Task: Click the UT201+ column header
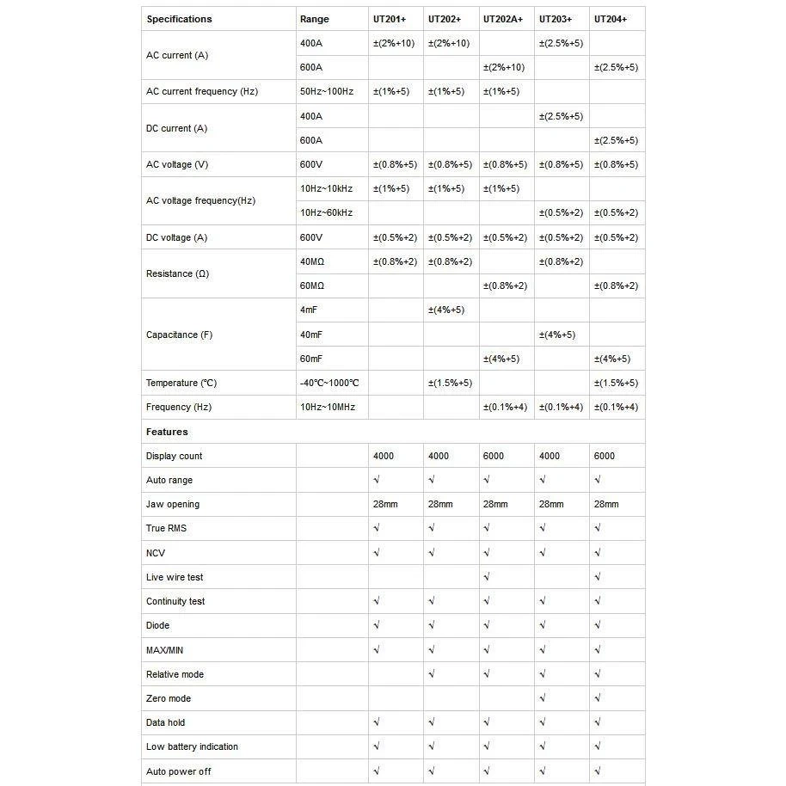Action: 390,19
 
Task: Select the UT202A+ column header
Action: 503,19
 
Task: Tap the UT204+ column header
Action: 611,19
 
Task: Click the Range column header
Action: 314,19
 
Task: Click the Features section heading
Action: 167,432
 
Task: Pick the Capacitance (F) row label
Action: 179,335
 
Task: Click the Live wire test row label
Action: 175,577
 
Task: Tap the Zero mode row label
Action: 169,698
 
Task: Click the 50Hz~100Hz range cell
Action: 327,91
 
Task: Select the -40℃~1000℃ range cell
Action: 329,383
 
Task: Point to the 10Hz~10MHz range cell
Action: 328,407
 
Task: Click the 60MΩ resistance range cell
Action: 312,286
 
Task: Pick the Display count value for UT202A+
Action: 494,456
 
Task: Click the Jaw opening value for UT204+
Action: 606,504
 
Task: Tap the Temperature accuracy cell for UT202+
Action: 450,383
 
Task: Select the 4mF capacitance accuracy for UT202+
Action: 446,310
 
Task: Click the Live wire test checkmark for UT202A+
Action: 487,577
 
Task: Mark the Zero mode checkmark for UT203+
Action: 542,698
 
